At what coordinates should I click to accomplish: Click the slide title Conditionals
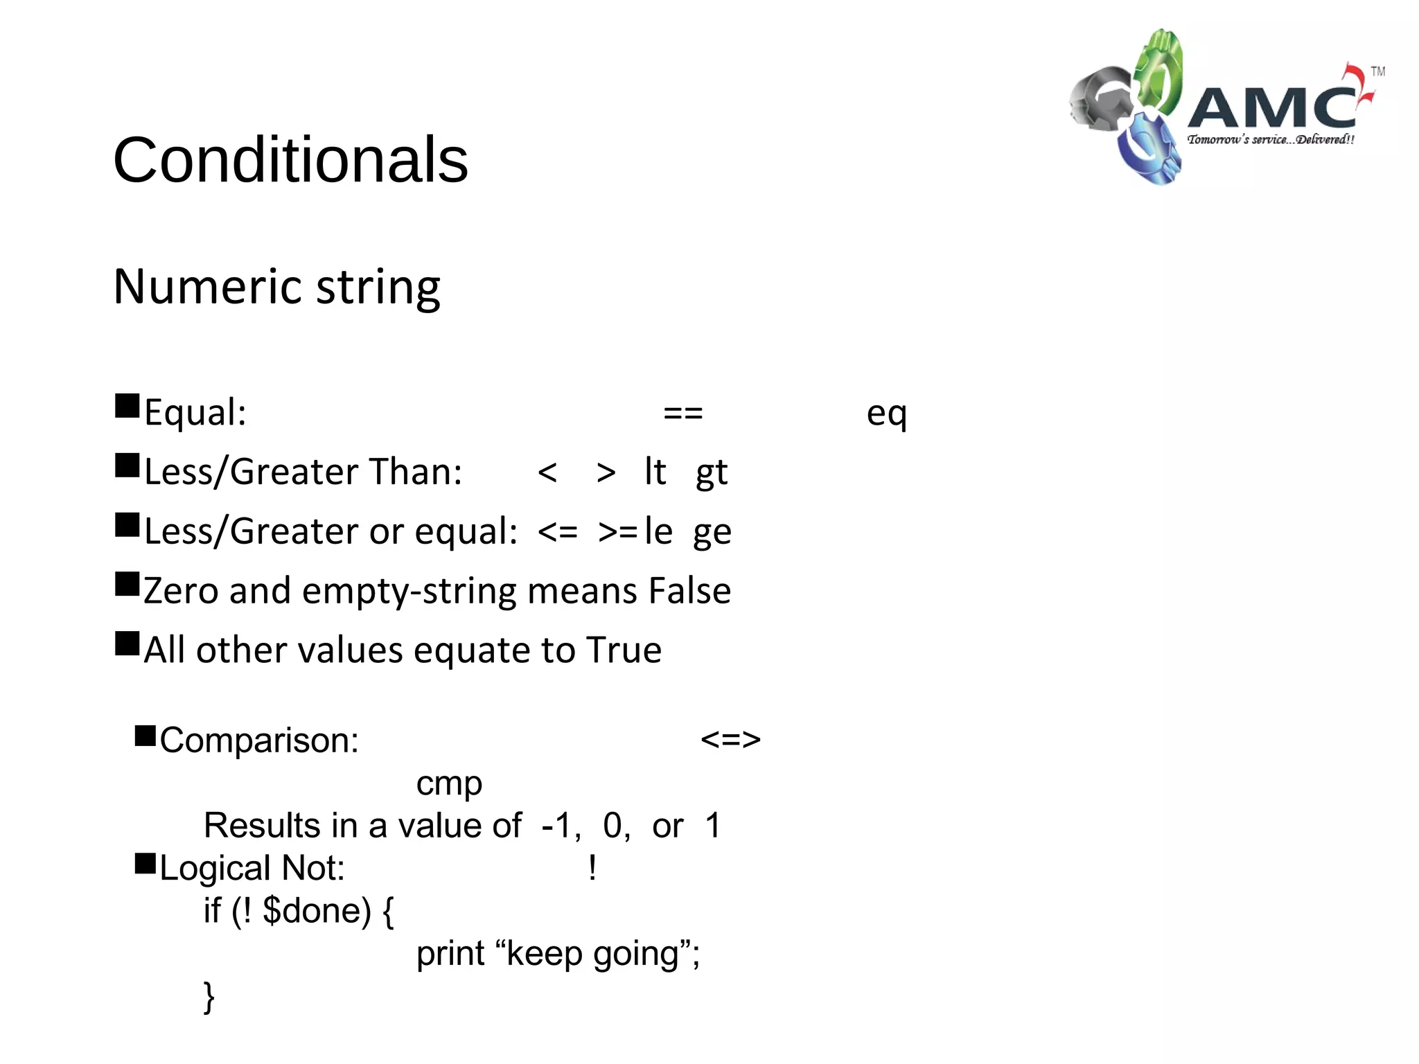[290, 160]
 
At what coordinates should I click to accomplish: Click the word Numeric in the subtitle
[209, 286]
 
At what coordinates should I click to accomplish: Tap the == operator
[682, 413]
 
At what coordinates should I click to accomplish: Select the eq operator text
[886, 414]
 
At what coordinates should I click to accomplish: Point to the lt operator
[655, 472]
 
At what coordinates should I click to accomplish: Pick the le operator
[658, 531]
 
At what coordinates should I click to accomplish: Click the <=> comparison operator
[730, 739]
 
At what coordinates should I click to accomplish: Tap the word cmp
[449, 784]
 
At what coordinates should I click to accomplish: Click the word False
[689, 591]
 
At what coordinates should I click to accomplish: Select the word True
[624, 650]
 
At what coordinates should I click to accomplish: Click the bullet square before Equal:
[127, 406]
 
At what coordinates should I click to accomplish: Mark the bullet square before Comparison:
[146, 736]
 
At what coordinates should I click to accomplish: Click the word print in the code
[450, 954]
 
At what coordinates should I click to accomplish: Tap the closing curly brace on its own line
[209, 997]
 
